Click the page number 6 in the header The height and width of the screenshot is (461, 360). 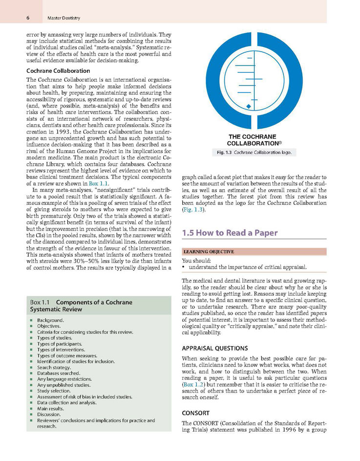[x=28, y=18]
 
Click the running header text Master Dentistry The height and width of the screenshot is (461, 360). [x=64, y=18]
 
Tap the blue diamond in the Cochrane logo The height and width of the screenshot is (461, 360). [x=249, y=106]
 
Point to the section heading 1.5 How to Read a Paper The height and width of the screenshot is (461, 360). [x=230, y=233]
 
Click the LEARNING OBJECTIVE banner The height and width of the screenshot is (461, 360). [x=208, y=252]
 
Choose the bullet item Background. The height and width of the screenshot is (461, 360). [x=50, y=320]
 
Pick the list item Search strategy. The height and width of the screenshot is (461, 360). [x=54, y=367]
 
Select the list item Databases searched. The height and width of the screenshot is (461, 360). [x=59, y=373]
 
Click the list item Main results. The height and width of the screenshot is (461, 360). [x=51, y=408]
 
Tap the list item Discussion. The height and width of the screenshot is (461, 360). [x=49, y=414]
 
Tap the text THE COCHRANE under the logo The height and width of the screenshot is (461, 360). [x=252, y=137]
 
